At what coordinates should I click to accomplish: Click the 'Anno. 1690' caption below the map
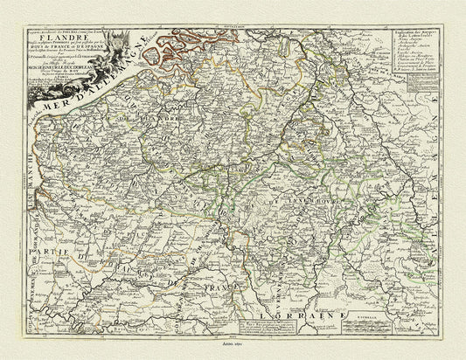[233, 347]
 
